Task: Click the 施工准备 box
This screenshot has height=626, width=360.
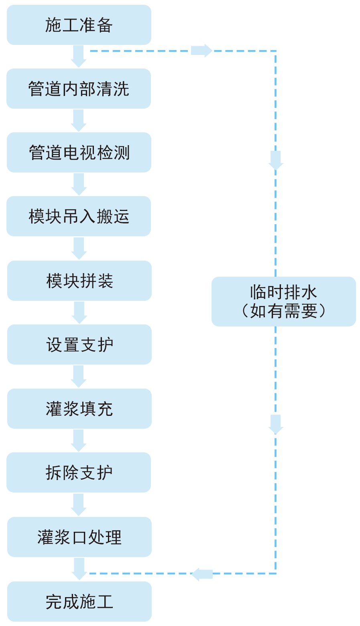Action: [79, 25]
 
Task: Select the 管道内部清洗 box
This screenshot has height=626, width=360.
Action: [79, 89]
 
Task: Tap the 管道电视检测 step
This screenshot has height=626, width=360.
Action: [79, 152]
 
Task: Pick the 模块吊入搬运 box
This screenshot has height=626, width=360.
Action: [79, 216]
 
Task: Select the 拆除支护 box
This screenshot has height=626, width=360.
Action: [79, 472]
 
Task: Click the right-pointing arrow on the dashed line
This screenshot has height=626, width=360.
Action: [202, 51]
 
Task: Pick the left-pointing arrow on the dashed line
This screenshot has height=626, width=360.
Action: [201, 574]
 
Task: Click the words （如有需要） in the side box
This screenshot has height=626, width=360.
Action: [284, 311]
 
